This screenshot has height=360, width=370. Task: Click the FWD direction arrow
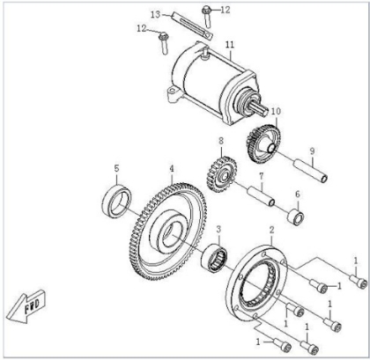point(25,307)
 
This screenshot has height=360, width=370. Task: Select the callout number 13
point(156,14)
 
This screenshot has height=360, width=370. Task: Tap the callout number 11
point(230,45)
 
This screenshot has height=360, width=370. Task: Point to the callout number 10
point(276,111)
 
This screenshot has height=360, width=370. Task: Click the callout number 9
point(312,151)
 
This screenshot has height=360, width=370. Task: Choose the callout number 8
point(221,141)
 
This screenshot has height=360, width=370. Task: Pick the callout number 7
point(261,176)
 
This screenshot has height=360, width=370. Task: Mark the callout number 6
point(298,194)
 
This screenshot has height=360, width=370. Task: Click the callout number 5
point(116,168)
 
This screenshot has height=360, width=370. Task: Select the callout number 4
point(172,169)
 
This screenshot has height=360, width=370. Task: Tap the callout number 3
point(218,230)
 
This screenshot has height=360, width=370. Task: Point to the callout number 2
point(271,230)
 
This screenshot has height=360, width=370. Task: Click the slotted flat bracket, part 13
point(192,26)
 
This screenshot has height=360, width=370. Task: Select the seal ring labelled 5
point(116,202)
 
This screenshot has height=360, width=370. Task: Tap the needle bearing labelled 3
point(214,258)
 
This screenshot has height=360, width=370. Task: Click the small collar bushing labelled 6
point(296,217)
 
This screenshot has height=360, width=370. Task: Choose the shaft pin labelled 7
point(262,195)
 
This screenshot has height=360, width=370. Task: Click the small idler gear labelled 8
point(222,174)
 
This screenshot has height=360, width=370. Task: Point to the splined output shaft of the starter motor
point(260,109)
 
